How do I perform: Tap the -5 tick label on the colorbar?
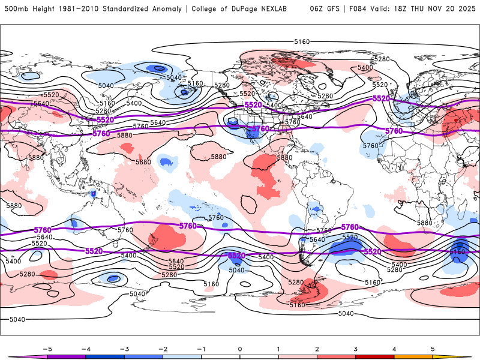[x=46, y=348]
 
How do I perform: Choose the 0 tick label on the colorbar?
[x=239, y=348]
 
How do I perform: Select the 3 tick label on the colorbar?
[x=356, y=348]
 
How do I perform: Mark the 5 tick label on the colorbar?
[x=433, y=348]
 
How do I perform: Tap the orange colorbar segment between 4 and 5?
[x=413, y=357]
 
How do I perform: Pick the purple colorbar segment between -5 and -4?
[x=65, y=357]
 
